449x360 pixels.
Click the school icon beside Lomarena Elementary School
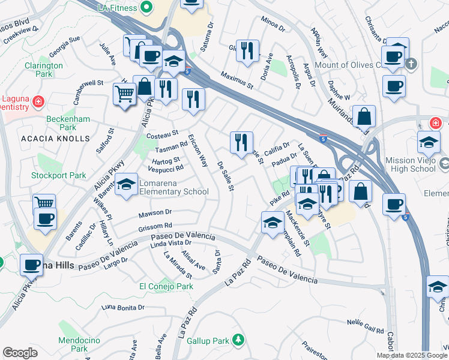[126, 185]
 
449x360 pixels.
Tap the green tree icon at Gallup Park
[238, 340]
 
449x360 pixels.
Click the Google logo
[20, 352]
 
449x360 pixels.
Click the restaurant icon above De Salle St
[241, 143]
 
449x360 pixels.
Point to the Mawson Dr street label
[155, 212]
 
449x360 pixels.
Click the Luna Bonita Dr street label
[123, 307]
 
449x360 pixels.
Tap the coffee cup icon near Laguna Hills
[31, 265]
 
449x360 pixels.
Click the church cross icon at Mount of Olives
[411, 64]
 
